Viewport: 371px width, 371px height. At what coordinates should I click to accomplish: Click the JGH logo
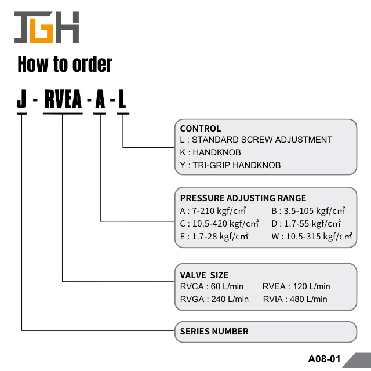point(46,28)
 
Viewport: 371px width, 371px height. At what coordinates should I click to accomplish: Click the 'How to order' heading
point(65,64)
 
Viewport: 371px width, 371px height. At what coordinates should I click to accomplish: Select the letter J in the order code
point(22,100)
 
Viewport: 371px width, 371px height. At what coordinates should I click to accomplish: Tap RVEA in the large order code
point(63,100)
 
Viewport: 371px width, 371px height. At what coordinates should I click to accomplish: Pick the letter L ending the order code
point(122,100)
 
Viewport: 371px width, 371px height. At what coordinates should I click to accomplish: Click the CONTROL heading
point(200,129)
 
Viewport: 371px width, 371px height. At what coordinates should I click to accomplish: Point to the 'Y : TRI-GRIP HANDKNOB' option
point(230,165)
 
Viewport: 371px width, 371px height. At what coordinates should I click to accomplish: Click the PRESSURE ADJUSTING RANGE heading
point(243,198)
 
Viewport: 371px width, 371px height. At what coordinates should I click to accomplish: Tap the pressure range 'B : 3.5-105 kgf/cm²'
point(308,210)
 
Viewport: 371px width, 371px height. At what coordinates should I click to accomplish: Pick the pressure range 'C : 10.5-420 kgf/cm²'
point(219,223)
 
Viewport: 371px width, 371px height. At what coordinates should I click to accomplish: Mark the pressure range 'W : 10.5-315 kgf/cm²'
point(312,236)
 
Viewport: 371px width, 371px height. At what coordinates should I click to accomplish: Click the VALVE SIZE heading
point(204,275)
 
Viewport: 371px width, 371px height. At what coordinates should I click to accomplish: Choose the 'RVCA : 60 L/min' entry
point(212,286)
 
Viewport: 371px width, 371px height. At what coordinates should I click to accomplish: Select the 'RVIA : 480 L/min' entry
point(295,299)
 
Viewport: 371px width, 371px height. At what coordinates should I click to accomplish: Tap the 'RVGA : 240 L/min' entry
point(214,299)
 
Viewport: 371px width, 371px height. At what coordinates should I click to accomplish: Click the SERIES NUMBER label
point(214,332)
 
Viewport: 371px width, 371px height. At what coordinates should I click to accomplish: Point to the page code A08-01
point(324,359)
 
